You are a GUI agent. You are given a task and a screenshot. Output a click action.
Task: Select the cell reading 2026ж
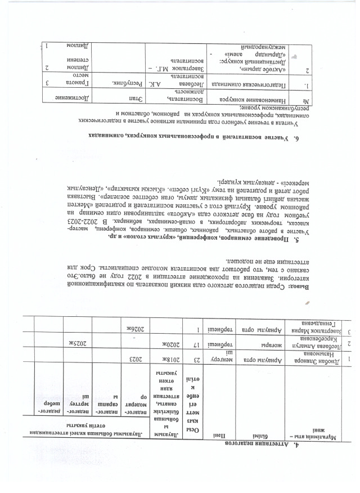pyautogui.click(x=133, y=328)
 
